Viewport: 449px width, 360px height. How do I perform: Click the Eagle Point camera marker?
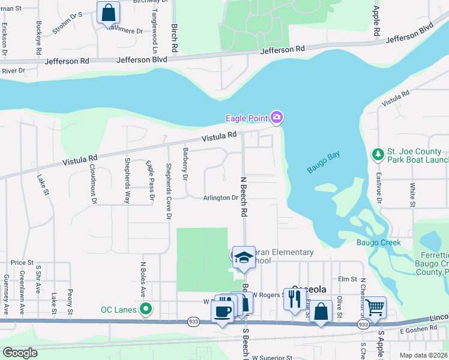coord(276,118)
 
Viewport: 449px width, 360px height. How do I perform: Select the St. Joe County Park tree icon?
coord(378,155)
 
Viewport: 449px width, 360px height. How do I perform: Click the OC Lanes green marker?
coord(145,310)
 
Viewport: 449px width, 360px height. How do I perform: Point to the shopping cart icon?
coord(375,307)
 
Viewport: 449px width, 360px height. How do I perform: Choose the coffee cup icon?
coord(222,311)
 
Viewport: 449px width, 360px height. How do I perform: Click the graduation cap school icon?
coord(244,257)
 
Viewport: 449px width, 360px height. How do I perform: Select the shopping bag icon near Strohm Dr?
coord(108,11)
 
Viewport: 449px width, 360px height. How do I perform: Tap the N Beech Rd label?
coord(244,196)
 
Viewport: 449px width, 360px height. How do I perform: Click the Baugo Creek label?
coord(378,242)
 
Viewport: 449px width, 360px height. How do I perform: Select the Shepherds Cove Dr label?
coord(169,191)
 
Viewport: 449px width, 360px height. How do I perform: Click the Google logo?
coord(20,353)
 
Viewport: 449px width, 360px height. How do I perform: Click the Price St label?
coord(22,262)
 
